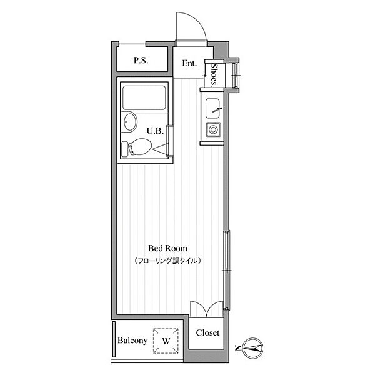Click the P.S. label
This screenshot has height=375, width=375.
(141, 60)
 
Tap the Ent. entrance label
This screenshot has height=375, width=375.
(189, 63)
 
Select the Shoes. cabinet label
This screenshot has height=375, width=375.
(214, 74)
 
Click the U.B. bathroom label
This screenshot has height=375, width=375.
(155, 131)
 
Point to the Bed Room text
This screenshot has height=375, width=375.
(167, 248)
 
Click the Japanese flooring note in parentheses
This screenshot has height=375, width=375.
(167, 261)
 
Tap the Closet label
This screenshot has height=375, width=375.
(207, 332)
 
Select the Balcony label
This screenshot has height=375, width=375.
(132, 341)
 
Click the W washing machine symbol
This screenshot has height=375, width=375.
(166, 341)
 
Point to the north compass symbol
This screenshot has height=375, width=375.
(253, 348)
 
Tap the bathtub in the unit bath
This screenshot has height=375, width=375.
(144, 98)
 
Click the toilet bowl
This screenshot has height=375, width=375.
(140, 147)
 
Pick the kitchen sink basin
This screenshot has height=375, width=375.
(212, 108)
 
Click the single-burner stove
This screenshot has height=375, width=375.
(213, 129)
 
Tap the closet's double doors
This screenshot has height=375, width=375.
(207, 309)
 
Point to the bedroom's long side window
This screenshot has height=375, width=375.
(227, 270)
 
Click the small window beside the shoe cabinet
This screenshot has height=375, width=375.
(236, 76)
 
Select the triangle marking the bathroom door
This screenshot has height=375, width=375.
(161, 149)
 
